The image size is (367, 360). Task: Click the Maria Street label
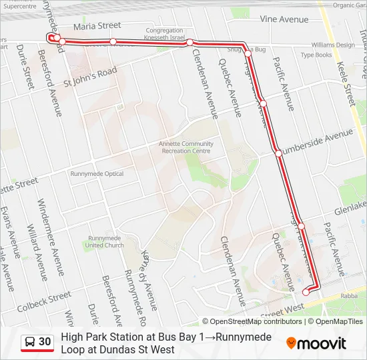pos(97,26)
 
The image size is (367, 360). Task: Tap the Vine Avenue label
pos(285,19)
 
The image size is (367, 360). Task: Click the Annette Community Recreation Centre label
pos(186,147)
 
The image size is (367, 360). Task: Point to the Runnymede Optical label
pos(97,174)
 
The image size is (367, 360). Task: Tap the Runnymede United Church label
pos(105,241)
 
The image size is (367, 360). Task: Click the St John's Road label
pos(90,77)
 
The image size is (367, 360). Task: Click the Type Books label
pos(316,55)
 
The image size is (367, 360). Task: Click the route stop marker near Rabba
pos(306,291)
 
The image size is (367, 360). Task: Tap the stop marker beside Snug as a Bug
pos(247,52)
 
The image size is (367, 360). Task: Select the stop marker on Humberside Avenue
pos(278,153)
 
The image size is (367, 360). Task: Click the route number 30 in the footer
pos(45,342)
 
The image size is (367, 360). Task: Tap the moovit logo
pos(316,343)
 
